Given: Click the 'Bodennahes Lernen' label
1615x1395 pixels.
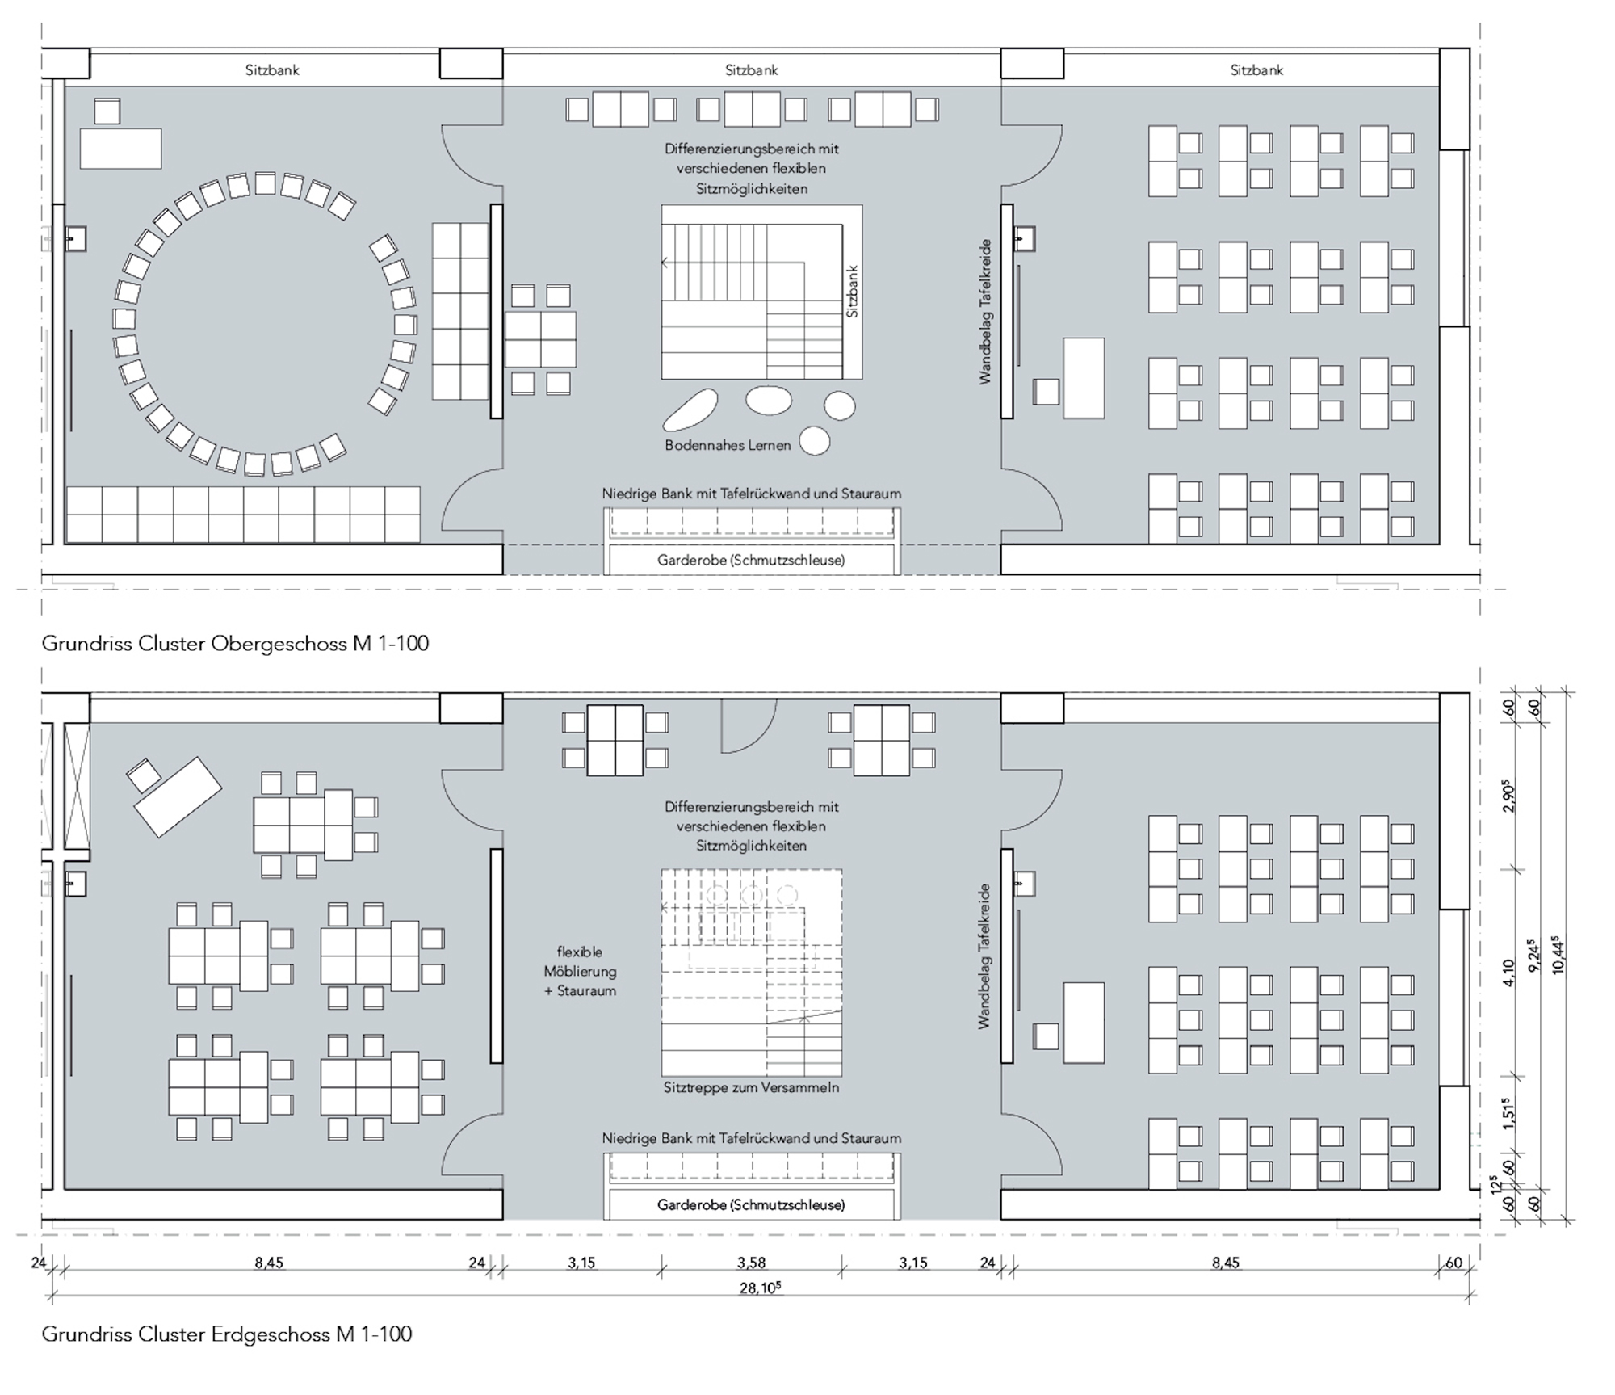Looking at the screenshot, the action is click(x=728, y=445).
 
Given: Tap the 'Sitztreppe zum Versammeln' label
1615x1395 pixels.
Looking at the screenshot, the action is click(x=751, y=1087).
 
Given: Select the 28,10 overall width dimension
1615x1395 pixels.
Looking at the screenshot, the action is click(x=760, y=1288).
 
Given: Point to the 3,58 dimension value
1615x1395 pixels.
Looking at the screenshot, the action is click(x=751, y=1263).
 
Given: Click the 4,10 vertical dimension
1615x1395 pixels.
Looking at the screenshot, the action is click(x=1509, y=973).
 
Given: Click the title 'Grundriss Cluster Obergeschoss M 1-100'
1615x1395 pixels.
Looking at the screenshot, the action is click(x=235, y=644).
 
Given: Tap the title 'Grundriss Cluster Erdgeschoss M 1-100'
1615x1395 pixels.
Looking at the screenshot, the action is click(x=227, y=1334).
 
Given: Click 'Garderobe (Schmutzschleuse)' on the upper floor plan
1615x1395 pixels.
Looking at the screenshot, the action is click(x=751, y=560).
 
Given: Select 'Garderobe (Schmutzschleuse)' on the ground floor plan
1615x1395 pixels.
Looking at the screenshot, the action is click(x=751, y=1204).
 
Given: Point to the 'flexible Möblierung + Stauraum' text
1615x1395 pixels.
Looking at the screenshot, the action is click(x=580, y=972).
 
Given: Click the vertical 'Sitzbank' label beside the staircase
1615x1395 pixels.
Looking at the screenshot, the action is click(x=853, y=292).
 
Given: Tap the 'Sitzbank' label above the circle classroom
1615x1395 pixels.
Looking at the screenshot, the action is click(x=272, y=70).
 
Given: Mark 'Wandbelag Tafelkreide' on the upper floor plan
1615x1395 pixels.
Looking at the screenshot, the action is click(x=984, y=311).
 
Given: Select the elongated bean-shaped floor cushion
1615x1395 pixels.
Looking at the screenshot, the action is click(x=690, y=410).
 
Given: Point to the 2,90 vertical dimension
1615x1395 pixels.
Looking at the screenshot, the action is click(x=1509, y=796).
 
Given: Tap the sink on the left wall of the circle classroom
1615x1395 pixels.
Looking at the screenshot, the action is click(x=76, y=239).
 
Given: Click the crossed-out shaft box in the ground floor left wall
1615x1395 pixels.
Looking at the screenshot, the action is click(x=78, y=786).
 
